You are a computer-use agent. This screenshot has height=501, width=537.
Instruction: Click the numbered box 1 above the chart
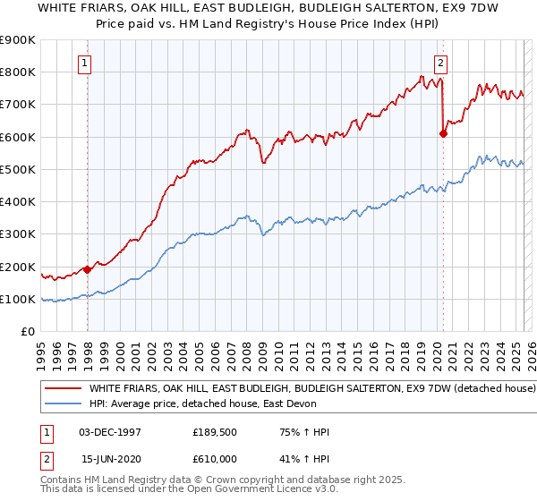click(83, 63)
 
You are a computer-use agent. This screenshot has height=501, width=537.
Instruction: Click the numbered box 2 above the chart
click(441, 63)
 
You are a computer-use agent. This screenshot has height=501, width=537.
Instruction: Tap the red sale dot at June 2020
click(443, 133)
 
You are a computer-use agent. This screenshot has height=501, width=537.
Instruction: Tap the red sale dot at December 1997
click(88, 269)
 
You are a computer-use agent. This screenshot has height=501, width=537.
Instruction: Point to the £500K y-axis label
click(18, 169)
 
